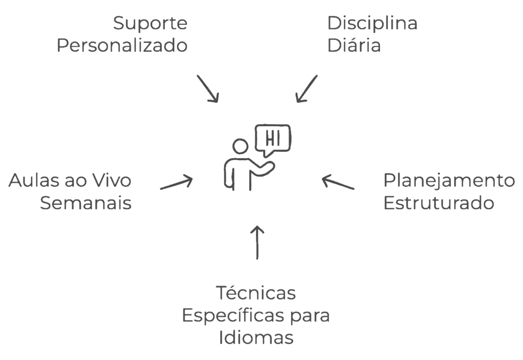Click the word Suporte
tap(150, 24)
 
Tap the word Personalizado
tap(123, 46)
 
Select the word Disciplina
tap(372, 24)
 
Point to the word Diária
tap(354, 46)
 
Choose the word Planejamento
tap(450, 181)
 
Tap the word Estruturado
tap(439, 203)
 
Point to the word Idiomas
tap(255, 338)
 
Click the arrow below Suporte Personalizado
tap(208, 89)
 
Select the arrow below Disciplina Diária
tap(306, 89)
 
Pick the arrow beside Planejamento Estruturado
tap(337, 182)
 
